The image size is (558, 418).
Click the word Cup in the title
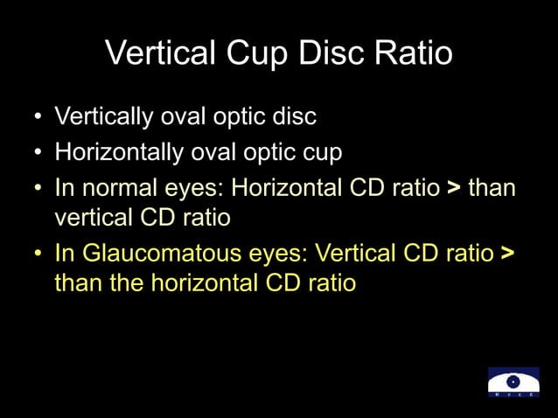251,54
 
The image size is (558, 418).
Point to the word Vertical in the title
159,54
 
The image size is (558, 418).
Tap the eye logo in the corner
513,383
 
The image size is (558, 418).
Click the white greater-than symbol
453,189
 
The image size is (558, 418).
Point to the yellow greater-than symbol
507,254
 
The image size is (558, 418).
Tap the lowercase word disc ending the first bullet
295,116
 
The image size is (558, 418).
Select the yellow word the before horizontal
127,283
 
